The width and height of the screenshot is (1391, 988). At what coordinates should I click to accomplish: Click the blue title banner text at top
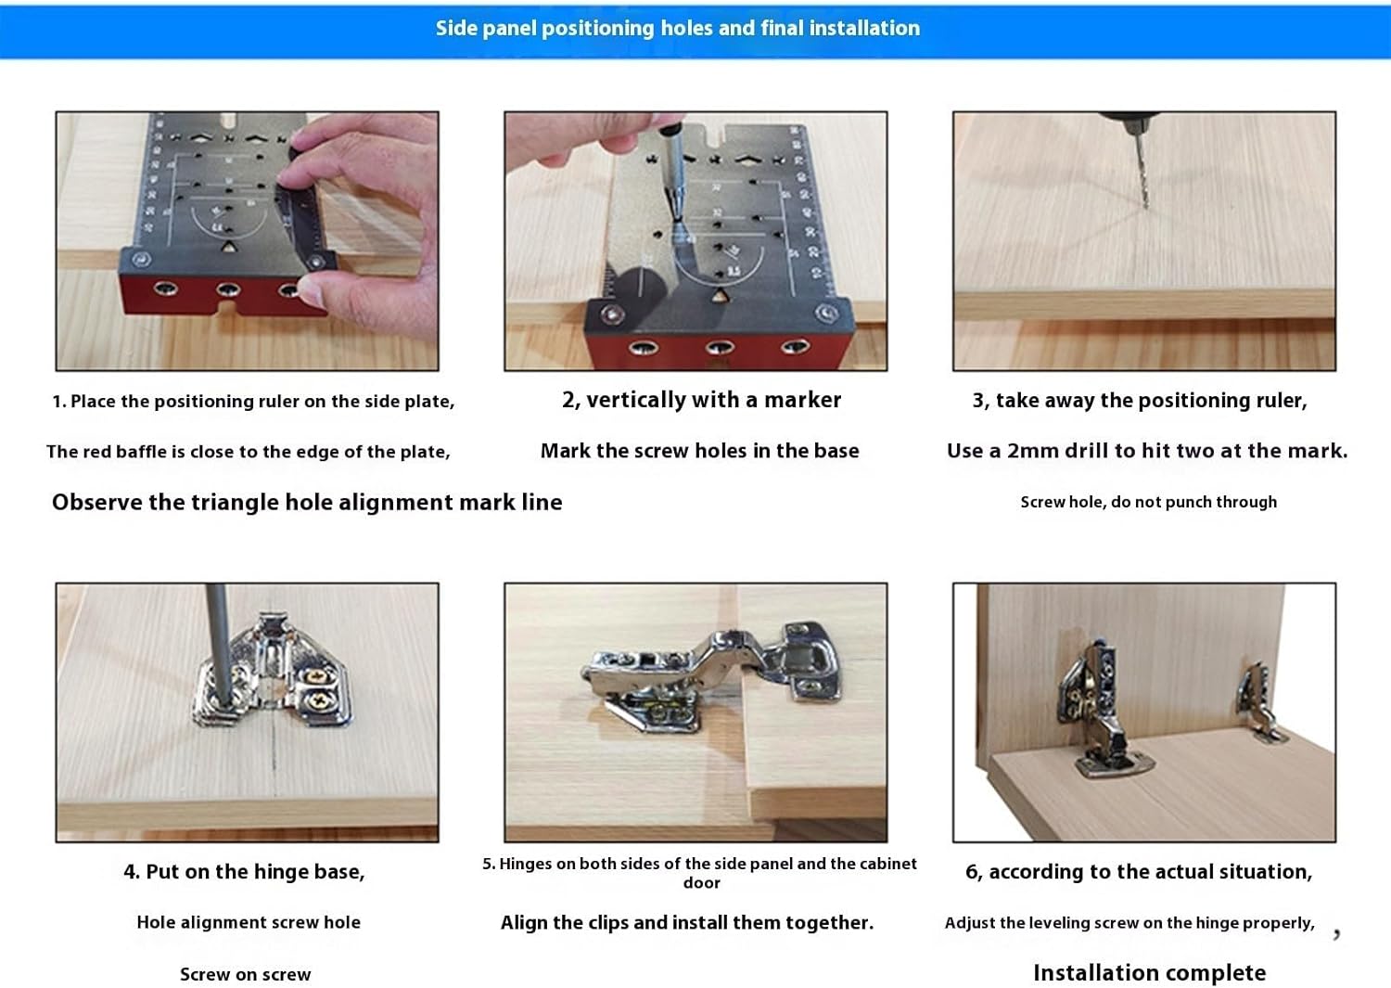(678, 28)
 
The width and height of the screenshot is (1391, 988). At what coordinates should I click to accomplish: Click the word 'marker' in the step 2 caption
(802, 400)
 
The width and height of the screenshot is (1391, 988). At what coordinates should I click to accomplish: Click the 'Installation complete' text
(1149, 972)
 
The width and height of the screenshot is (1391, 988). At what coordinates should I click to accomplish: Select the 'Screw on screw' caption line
(245, 974)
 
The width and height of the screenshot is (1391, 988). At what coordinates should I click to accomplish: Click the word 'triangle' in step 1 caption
(234, 502)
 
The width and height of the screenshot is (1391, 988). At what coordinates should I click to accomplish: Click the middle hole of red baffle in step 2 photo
(720, 348)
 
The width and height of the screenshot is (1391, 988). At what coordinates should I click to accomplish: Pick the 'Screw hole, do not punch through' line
(1148, 502)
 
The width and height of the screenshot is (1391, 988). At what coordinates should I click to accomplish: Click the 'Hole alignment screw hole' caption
(249, 922)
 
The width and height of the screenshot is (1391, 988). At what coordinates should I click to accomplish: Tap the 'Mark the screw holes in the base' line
(699, 451)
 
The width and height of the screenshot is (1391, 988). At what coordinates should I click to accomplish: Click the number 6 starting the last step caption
(971, 872)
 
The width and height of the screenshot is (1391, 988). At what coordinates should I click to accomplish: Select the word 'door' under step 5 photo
(701, 883)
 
